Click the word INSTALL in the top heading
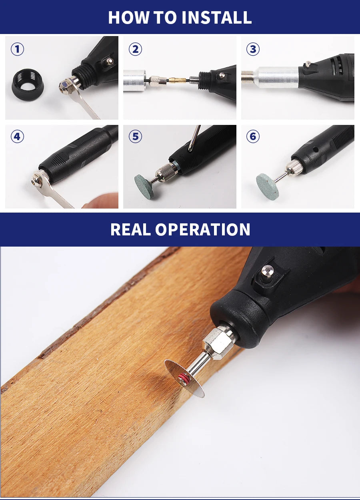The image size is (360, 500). [216, 17]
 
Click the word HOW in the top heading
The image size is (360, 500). [125, 17]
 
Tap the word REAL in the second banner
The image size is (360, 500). [130, 229]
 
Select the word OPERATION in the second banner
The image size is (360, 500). [203, 229]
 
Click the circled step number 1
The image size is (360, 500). [17, 49]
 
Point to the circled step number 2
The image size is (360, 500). [135, 49]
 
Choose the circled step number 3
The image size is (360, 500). [253, 49]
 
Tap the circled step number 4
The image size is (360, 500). [17, 137]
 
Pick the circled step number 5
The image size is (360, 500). [135, 137]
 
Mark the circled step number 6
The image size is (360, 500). [253, 137]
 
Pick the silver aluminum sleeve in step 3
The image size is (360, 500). [276, 77]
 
